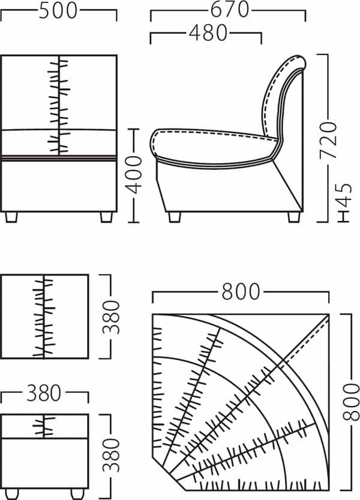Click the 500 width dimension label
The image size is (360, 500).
[x=58, y=11]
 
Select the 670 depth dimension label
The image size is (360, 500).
[x=230, y=9]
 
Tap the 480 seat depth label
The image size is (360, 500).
[x=208, y=33]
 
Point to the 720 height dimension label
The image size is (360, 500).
[x=328, y=139]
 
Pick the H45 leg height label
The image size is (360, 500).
[x=344, y=203]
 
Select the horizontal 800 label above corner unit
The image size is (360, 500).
[x=241, y=292]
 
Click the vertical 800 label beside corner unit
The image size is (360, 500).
[x=351, y=402]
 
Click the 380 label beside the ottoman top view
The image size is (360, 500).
[x=111, y=317]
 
